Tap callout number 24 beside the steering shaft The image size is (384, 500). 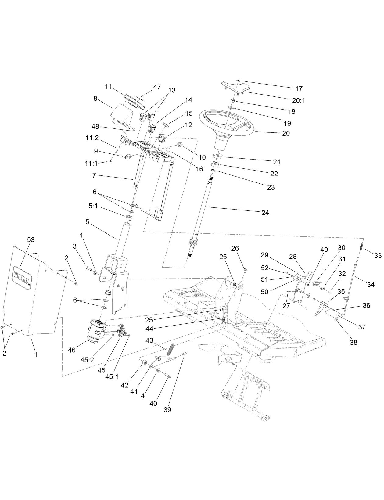coord(265,213)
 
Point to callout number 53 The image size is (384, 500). coord(31,240)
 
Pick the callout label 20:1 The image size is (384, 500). coord(299,101)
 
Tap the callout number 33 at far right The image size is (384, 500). coord(378,256)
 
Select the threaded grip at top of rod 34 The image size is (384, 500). coord(362,246)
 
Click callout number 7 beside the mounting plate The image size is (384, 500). coord(94,175)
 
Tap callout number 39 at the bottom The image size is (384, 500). coord(167,410)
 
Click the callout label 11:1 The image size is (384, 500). coord(91,163)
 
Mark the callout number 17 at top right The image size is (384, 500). coord(299,88)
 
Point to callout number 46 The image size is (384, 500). coord(72,350)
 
